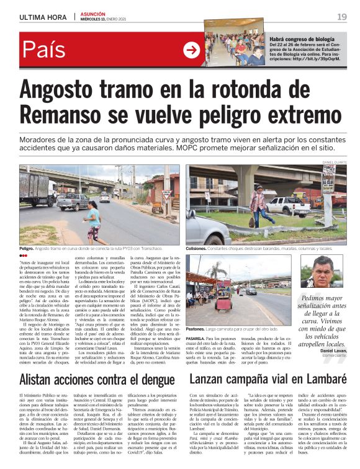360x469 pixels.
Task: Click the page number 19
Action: pyautogui.click(x=341, y=17)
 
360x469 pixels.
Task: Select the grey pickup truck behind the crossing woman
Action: pyautogui.click(x=73, y=202)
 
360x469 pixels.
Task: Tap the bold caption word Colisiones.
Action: pyautogui.click(x=199, y=248)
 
